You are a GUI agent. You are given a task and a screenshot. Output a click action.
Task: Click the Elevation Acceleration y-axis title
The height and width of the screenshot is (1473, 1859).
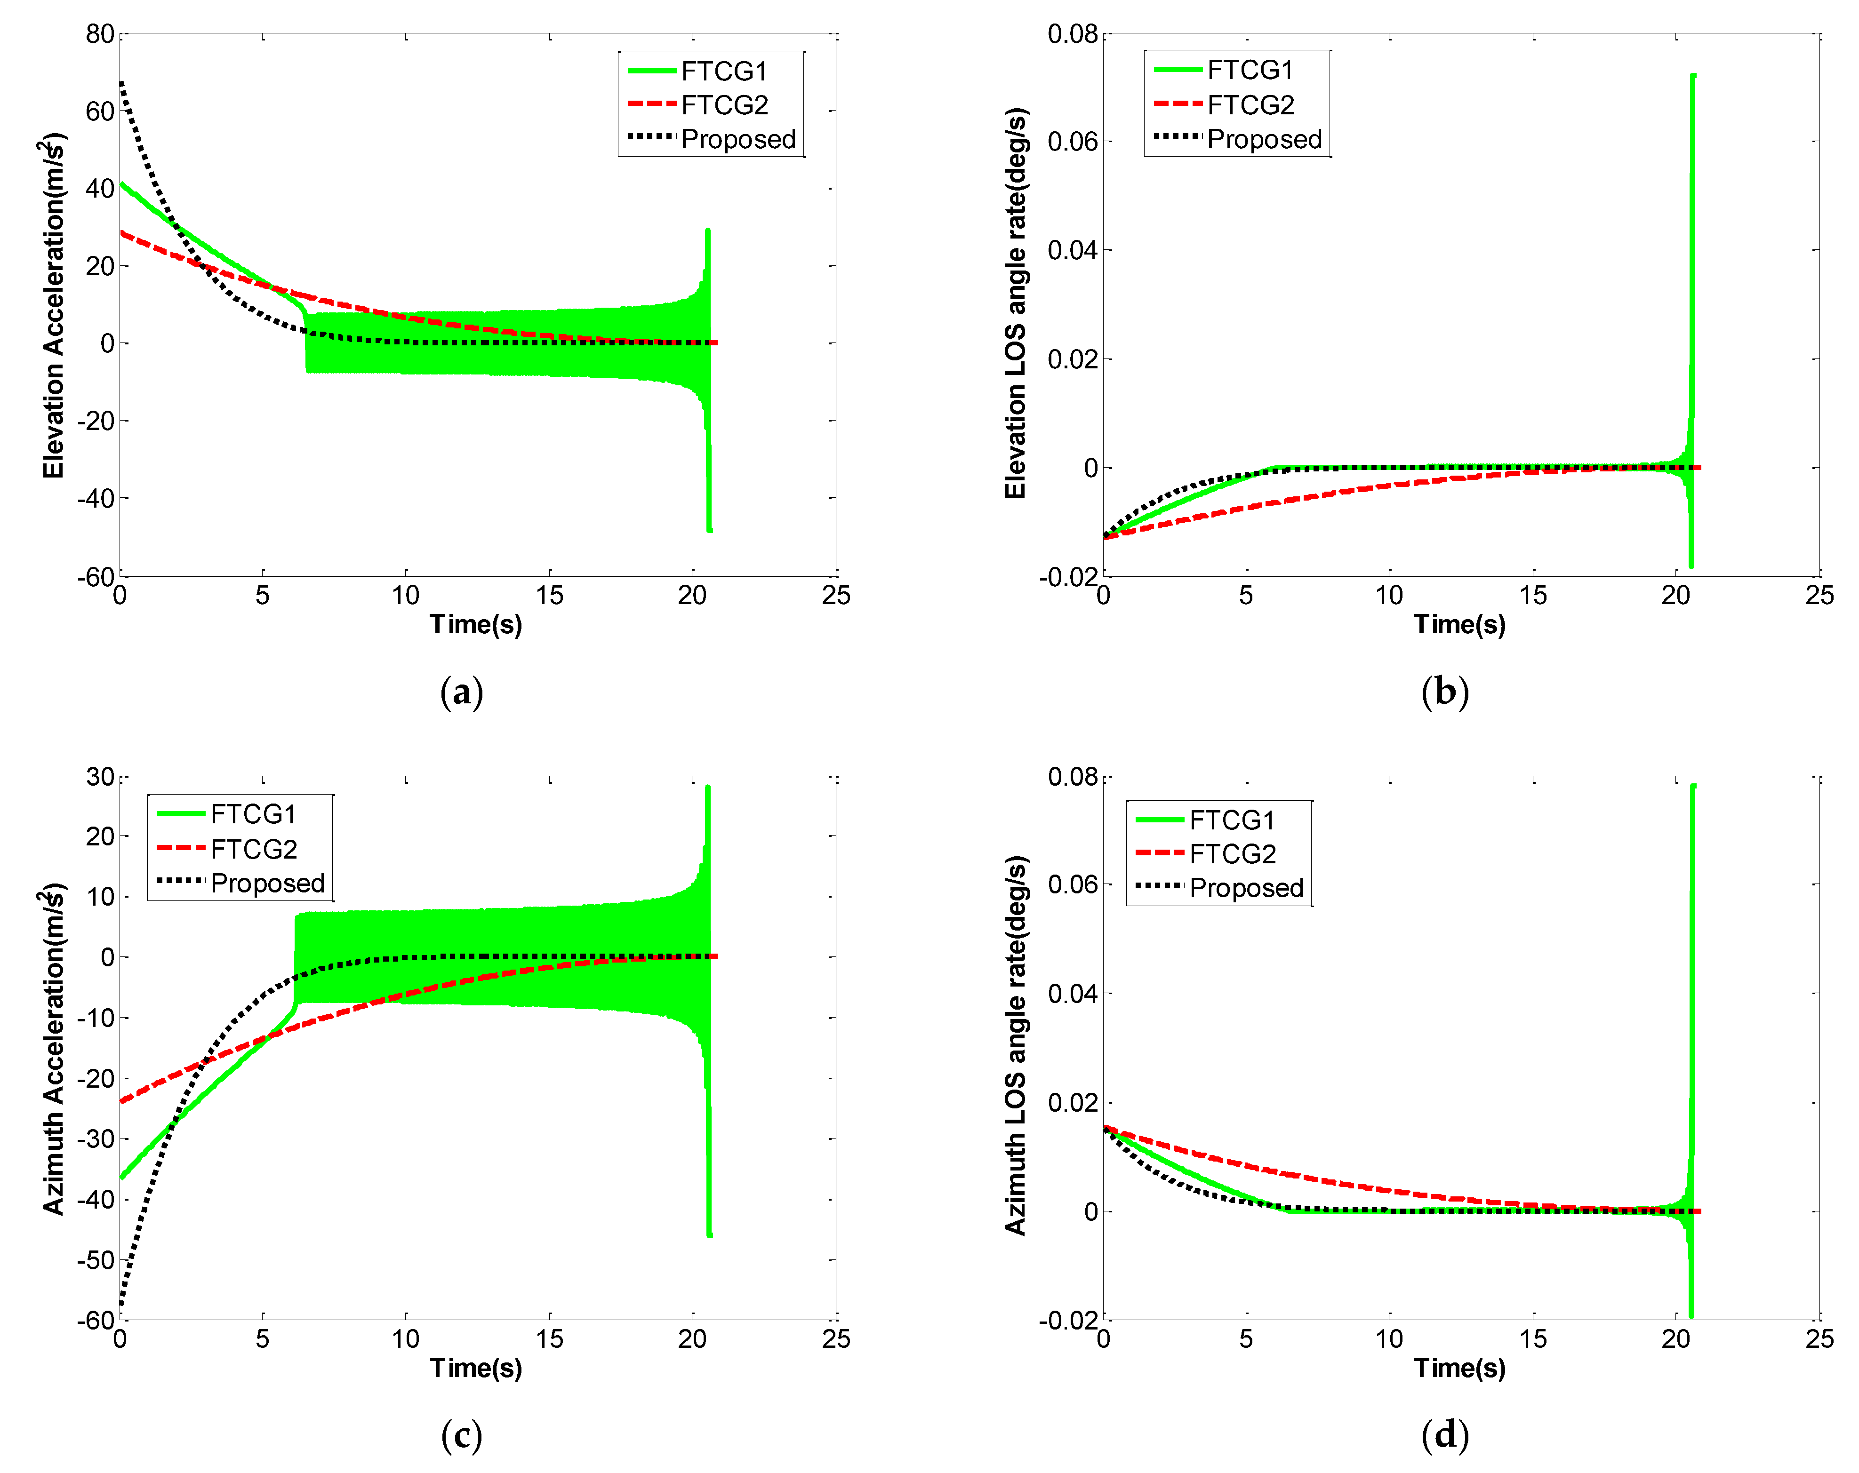pyautogui.click(x=54, y=305)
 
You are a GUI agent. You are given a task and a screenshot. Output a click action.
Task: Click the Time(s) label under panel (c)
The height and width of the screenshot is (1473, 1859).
pyautogui.click(x=476, y=1367)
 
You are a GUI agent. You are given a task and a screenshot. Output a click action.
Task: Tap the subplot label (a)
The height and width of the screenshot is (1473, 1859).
pyautogui.click(x=461, y=692)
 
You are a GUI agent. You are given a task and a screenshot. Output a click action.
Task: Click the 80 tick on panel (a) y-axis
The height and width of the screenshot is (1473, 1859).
pyautogui.click(x=100, y=34)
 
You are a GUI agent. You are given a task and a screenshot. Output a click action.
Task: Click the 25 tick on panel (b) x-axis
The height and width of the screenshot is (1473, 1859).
pyautogui.click(x=1819, y=596)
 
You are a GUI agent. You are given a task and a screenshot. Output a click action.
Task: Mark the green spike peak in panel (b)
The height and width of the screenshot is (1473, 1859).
pyautogui.click(x=1693, y=76)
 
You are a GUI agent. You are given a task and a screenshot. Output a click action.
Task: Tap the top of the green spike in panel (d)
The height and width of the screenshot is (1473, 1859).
pyautogui.click(x=1693, y=786)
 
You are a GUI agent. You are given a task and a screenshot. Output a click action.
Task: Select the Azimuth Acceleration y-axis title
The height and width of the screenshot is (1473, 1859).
pyautogui.click(x=54, y=1049)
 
